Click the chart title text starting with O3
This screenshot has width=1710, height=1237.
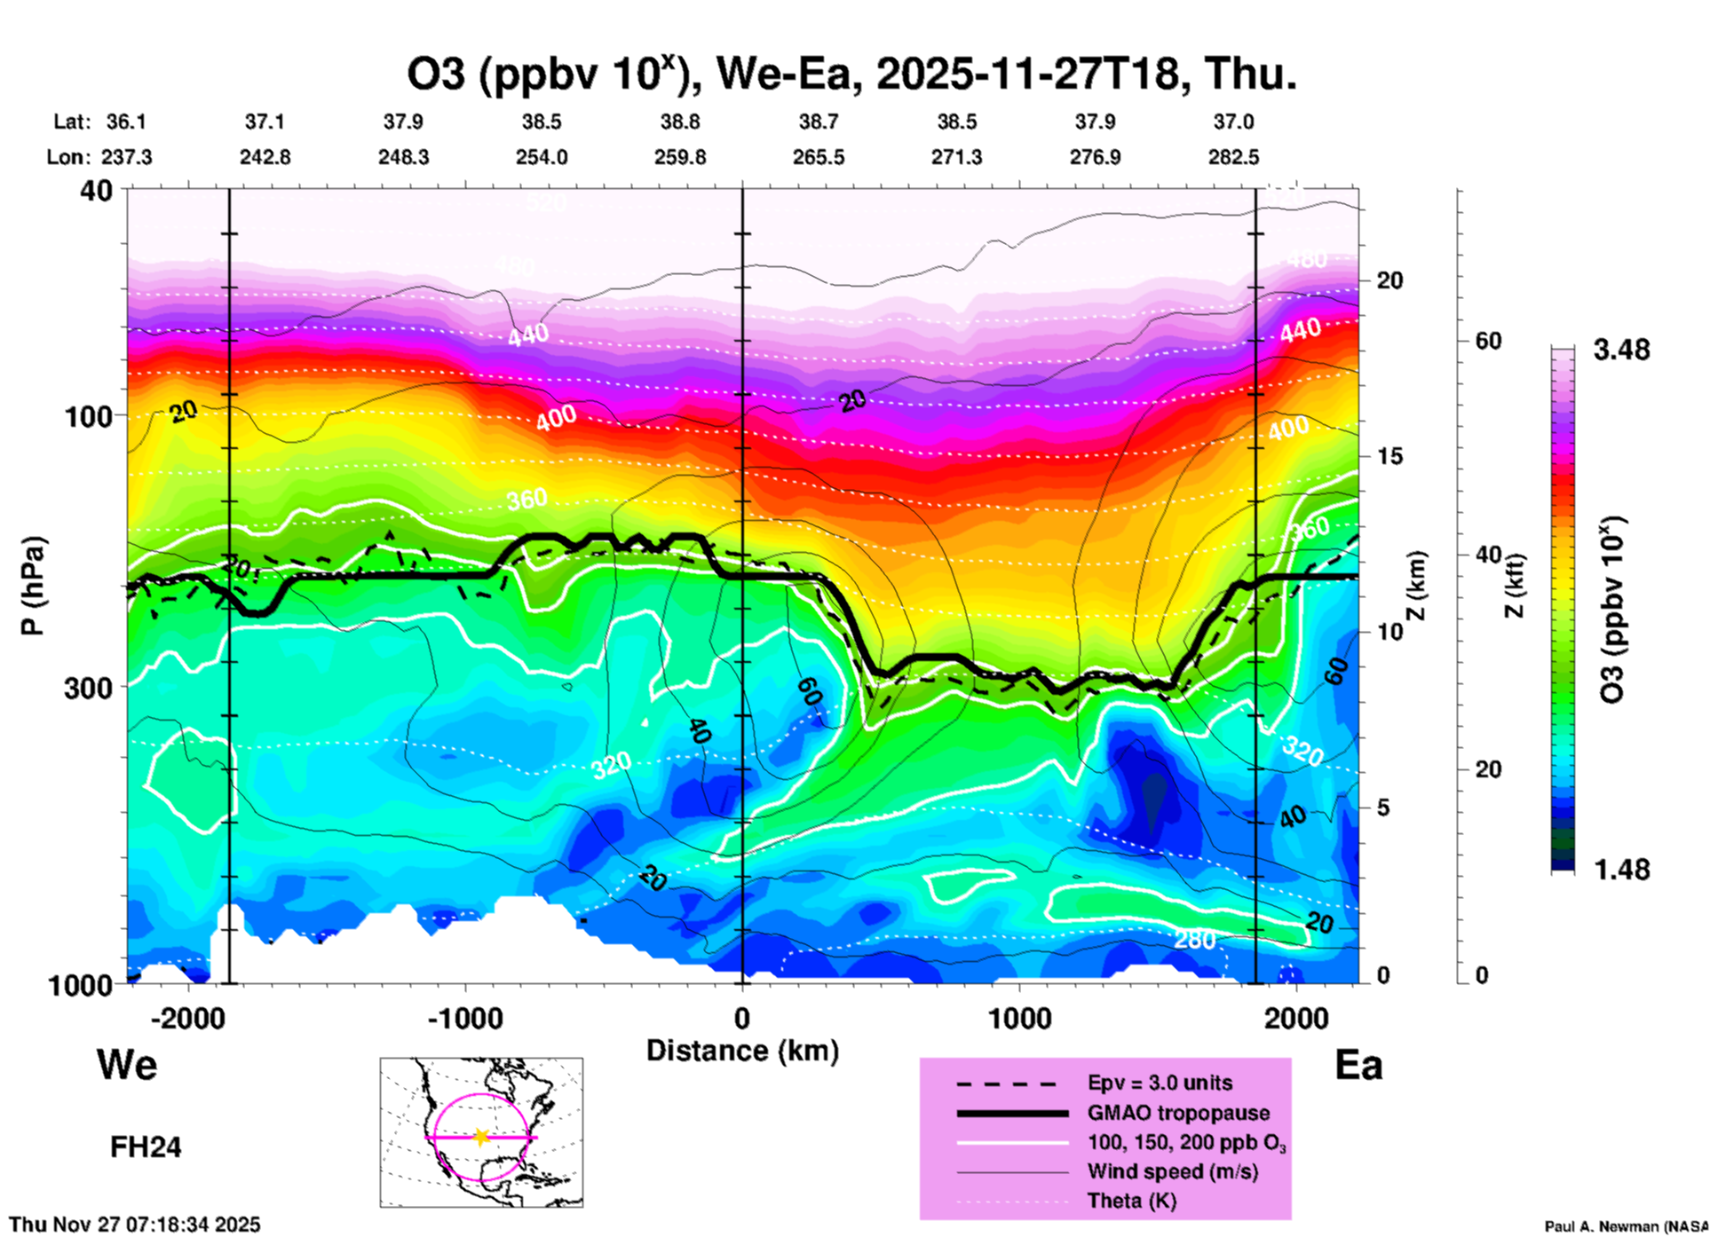click(851, 74)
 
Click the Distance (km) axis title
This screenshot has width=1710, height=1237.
click(742, 1051)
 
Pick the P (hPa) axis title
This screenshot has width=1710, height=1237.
click(33, 586)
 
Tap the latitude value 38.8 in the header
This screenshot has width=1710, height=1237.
click(680, 122)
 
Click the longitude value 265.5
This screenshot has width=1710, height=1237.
click(819, 157)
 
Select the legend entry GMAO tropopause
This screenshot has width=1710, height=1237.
click(1178, 1113)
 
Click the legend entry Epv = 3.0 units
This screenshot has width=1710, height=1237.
click(1160, 1083)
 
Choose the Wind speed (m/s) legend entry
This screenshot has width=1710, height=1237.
click(1172, 1171)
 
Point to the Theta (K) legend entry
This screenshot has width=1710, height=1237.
click(1131, 1201)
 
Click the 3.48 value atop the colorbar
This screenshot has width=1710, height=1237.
click(1621, 350)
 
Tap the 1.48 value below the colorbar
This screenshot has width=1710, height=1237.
click(1621, 869)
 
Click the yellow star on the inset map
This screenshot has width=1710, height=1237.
click(481, 1137)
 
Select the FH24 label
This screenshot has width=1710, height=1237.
click(146, 1147)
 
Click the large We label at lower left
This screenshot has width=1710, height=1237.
click(127, 1064)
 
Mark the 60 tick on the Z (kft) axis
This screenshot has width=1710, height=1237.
click(1488, 341)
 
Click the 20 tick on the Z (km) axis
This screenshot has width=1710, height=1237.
click(1389, 280)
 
